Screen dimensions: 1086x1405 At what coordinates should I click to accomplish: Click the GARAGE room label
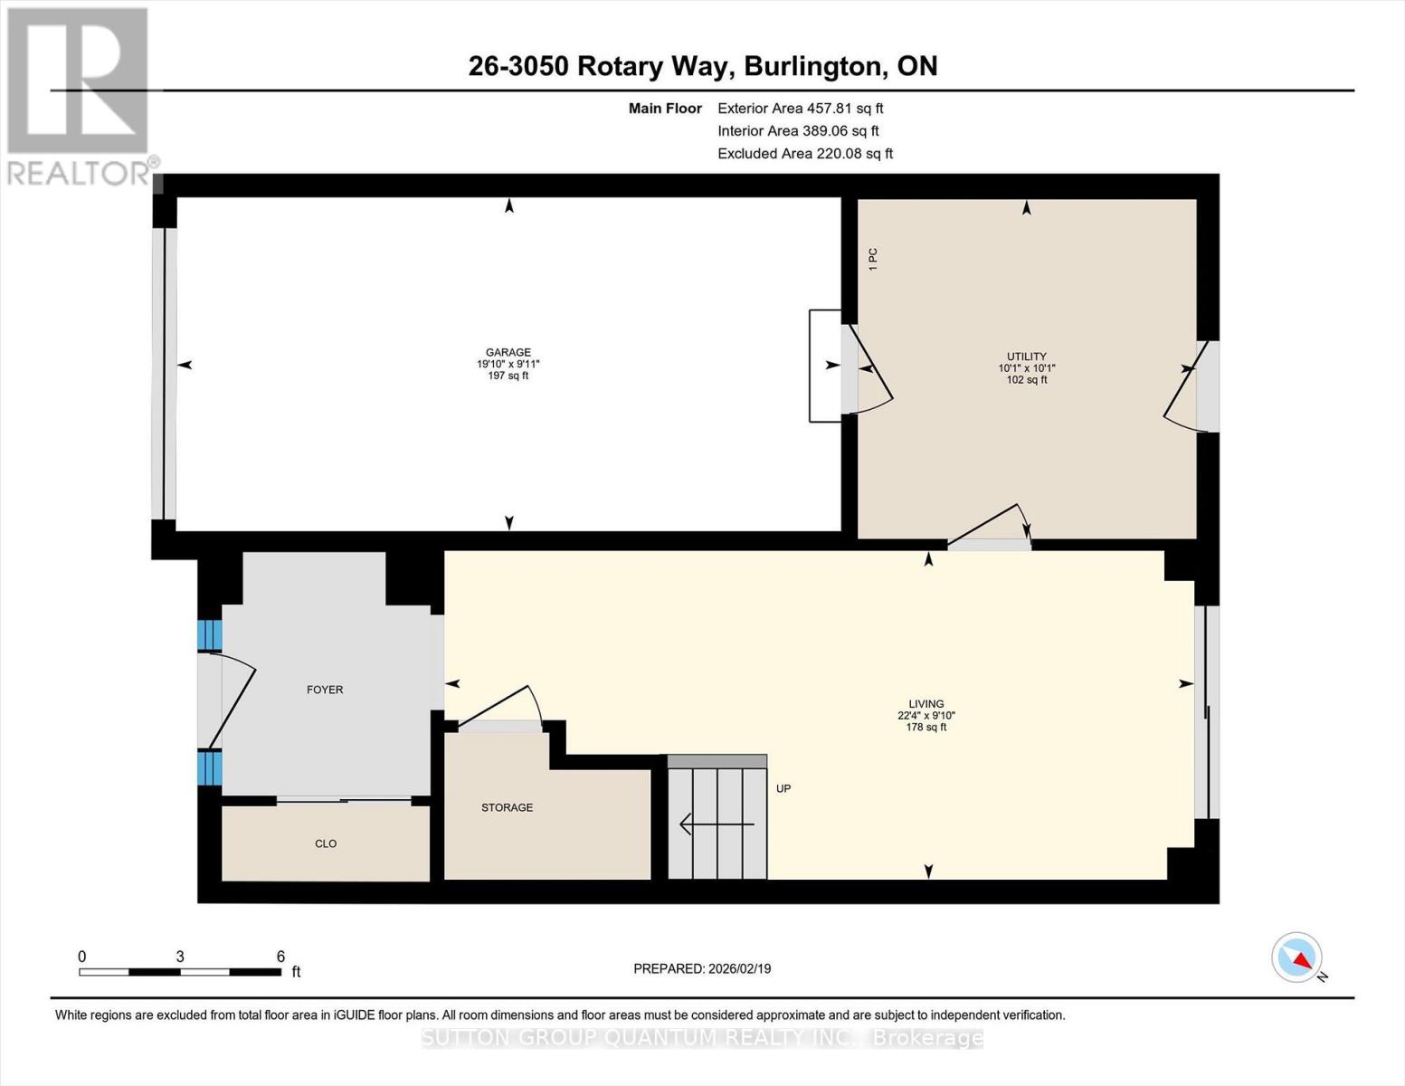(508, 353)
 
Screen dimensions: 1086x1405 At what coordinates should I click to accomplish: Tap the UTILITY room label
(1026, 357)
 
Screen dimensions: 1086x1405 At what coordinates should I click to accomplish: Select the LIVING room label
(926, 704)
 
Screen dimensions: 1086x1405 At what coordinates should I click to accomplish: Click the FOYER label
(325, 690)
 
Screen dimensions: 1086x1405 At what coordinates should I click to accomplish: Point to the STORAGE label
(507, 807)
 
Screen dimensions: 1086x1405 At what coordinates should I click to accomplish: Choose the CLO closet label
(326, 843)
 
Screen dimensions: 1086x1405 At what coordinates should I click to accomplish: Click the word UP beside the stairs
(783, 788)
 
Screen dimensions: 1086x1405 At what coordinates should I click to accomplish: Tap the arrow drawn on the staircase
(716, 824)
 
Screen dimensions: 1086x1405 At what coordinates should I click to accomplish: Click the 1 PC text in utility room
(873, 259)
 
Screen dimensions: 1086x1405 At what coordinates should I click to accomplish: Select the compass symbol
(1297, 957)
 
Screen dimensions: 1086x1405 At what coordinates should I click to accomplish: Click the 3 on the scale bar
(180, 957)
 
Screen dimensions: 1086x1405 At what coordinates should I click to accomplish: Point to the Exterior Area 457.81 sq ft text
(800, 108)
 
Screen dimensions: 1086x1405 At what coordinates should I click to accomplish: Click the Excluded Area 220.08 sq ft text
(804, 154)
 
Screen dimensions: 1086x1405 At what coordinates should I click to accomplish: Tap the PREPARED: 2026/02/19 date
(702, 968)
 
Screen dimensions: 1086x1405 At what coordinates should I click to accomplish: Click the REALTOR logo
(79, 95)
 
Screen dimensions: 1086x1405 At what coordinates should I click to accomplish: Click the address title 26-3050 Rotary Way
(702, 66)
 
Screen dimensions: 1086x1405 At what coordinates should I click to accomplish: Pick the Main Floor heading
(665, 109)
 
